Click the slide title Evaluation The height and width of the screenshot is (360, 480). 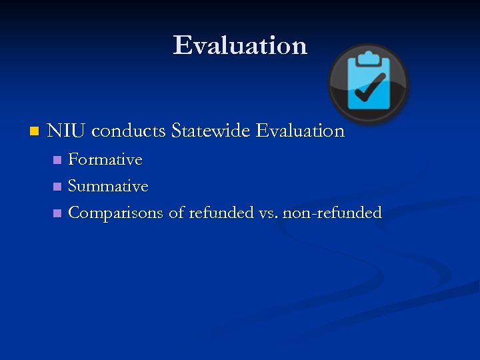(x=240, y=45)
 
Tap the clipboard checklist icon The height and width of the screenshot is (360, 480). (x=368, y=83)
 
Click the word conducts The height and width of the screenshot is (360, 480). (x=128, y=131)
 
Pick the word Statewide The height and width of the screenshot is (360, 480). (x=211, y=131)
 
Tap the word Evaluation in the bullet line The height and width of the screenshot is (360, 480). (x=300, y=131)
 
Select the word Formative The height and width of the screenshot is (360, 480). (x=105, y=160)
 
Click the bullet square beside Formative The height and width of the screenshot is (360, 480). (x=57, y=160)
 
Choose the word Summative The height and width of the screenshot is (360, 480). (x=108, y=187)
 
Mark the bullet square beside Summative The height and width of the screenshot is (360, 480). (x=57, y=187)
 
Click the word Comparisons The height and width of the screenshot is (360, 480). (x=116, y=213)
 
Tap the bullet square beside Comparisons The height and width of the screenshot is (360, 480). (x=57, y=213)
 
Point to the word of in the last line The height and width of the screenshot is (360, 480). (x=176, y=213)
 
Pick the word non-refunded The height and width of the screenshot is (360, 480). (x=332, y=213)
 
